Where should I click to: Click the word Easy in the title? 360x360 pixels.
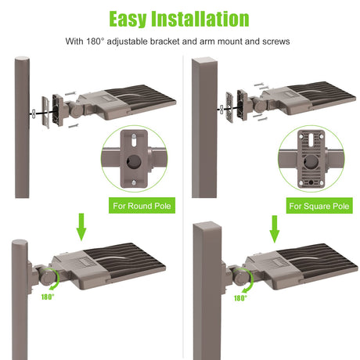(x=128, y=19)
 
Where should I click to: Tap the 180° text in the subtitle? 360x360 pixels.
(x=95, y=41)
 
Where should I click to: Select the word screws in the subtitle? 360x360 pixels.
(x=276, y=41)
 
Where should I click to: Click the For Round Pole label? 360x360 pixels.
(x=142, y=206)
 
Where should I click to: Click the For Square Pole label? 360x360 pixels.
(x=319, y=206)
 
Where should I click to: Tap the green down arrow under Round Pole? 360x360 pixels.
(x=81, y=227)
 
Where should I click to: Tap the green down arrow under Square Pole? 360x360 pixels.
(x=275, y=229)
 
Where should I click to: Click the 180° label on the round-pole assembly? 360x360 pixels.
(x=48, y=297)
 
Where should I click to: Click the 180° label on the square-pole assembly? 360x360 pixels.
(x=240, y=298)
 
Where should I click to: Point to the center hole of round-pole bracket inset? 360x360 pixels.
(x=134, y=162)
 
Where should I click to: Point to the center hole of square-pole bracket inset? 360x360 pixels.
(x=311, y=162)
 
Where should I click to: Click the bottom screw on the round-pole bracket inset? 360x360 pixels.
(x=134, y=183)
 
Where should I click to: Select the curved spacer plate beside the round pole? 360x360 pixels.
(x=45, y=112)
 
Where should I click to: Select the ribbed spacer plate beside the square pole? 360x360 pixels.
(x=229, y=107)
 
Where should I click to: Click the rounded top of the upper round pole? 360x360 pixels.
(x=22, y=59)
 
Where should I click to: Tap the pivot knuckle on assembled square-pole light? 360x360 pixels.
(x=242, y=277)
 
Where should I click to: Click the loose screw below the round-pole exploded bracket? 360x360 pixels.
(x=74, y=126)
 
